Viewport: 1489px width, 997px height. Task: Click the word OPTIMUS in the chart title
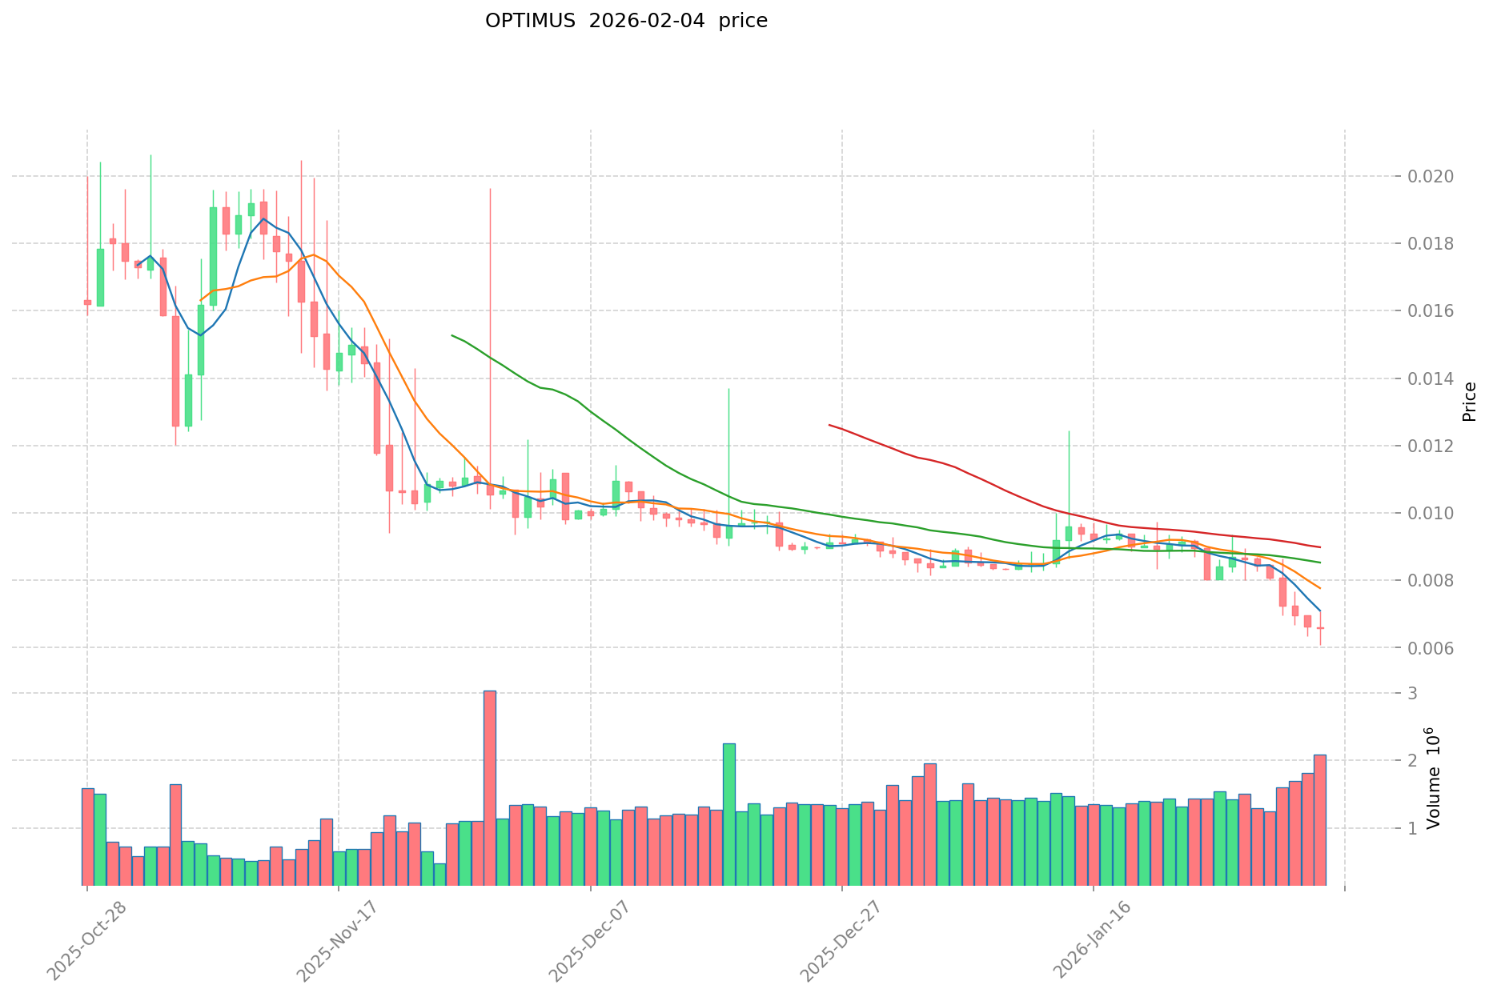point(529,21)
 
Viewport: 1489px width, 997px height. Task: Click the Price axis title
point(1469,402)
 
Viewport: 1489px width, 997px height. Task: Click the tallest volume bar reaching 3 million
point(490,788)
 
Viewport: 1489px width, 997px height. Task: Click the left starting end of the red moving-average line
point(829,425)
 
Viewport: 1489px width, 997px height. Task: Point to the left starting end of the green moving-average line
point(452,335)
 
